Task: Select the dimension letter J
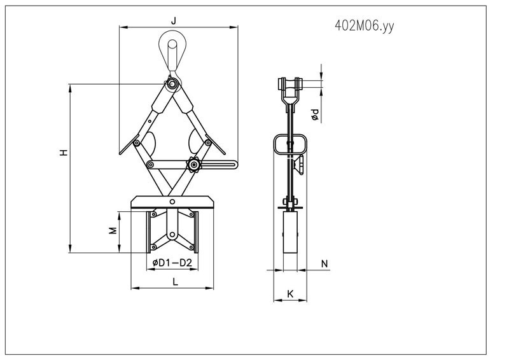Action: [173, 22]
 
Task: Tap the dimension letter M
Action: [113, 230]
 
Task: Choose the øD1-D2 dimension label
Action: [172, 262]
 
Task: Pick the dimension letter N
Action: [324, 263]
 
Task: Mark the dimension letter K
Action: [290, 294]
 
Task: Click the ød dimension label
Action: [314, 114]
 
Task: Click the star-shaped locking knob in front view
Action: [193, 165]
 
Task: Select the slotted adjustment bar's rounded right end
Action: [235, 165]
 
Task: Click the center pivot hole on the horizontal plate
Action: [171, 201]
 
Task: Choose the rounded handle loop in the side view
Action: [290, 145]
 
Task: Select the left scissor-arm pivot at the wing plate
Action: [136, 144]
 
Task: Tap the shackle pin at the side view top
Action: [289, 83]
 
